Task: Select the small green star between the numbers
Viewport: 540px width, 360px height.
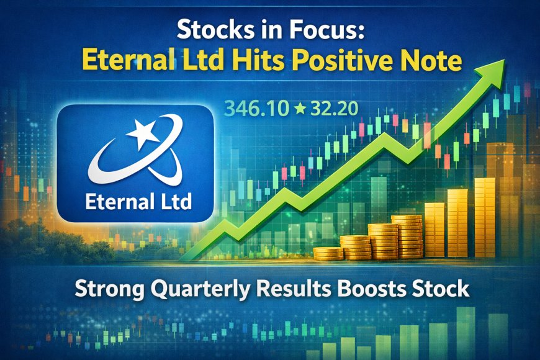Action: [299, 110]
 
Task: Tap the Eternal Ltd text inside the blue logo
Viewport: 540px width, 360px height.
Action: [135, 201]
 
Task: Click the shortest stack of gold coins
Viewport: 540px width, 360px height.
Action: [328, 253]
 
